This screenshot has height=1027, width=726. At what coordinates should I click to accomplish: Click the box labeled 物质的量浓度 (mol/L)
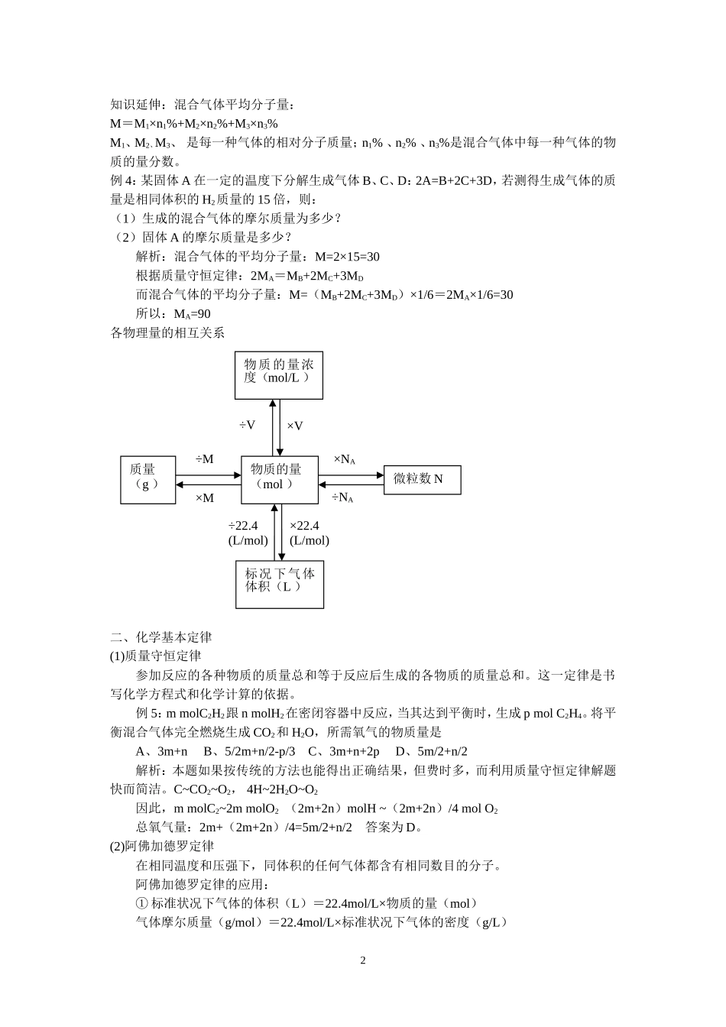coord(279,374)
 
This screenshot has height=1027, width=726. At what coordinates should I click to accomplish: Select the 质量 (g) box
coord(147,480)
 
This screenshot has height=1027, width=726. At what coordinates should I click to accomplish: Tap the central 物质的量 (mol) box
coord(279,480)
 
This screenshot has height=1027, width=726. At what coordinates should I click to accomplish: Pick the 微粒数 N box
coord(422,479)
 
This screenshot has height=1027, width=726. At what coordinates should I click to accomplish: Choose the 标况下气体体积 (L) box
coord(279,584)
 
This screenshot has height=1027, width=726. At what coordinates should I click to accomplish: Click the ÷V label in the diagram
coord(248,425)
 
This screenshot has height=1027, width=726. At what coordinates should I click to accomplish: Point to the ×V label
coord(295,425)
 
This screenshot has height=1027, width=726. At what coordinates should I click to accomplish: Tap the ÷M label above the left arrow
coord(205,459)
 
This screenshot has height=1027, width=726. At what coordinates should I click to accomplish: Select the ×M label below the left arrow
coord(205,498)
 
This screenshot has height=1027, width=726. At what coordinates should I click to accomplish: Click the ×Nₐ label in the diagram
coord(344,459)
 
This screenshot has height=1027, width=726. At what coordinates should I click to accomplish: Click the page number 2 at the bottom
coord(363,961)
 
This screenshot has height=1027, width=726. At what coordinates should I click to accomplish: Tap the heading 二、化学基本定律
coord(161,637)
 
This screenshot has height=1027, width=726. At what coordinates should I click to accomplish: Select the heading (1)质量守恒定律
coord(156,656)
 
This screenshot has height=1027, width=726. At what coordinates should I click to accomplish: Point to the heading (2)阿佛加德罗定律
coord(162,847)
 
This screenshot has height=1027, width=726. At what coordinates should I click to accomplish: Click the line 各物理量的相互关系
coord(168,333)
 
